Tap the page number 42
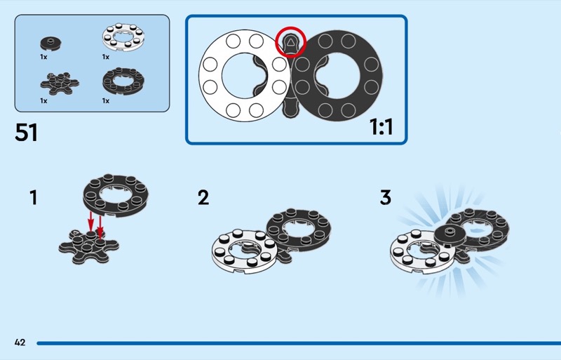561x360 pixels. pyautogui.click(x=20, y=342)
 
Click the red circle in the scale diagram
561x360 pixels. pyautogui.click(x=290, y=44)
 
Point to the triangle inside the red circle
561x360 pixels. pyautogui.click(x=290, y=44)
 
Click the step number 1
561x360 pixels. pyautogui.click(x=33, y=198)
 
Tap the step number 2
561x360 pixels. pyautogui.click(x=203, y=198)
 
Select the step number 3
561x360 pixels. pyautogui.click(x=385, y=198)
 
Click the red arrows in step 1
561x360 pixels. pyautogui.click(x=95, y=223)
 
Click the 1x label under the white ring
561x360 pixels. pyautogui.click(x=106, y=56)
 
